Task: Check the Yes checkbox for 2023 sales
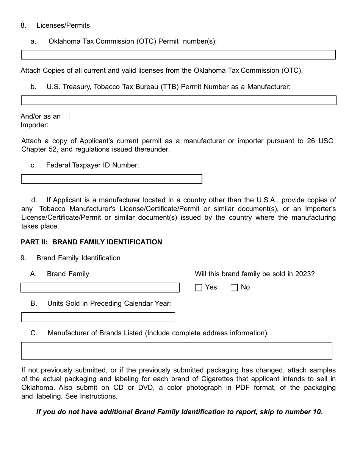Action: [198, 288]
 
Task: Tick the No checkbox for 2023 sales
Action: [234, 288]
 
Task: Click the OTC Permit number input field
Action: [178, 55]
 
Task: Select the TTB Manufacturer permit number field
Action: [178, 100]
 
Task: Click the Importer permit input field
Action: [202, 117]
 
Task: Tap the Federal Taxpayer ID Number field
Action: [111, 179]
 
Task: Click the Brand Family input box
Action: [100, 288]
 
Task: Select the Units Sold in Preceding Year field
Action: [98, 317]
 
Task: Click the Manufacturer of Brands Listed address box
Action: [177, 350]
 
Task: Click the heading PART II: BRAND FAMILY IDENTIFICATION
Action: [91, 242]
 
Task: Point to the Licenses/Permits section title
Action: [63, 25]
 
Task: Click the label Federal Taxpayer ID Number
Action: [92, 165]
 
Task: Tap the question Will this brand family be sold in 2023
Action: [255, 274]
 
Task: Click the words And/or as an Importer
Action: [41, 120]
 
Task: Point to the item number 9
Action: [23, 258]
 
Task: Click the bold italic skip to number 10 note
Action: [179, 412]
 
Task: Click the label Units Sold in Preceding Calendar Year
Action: [109, 303]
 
